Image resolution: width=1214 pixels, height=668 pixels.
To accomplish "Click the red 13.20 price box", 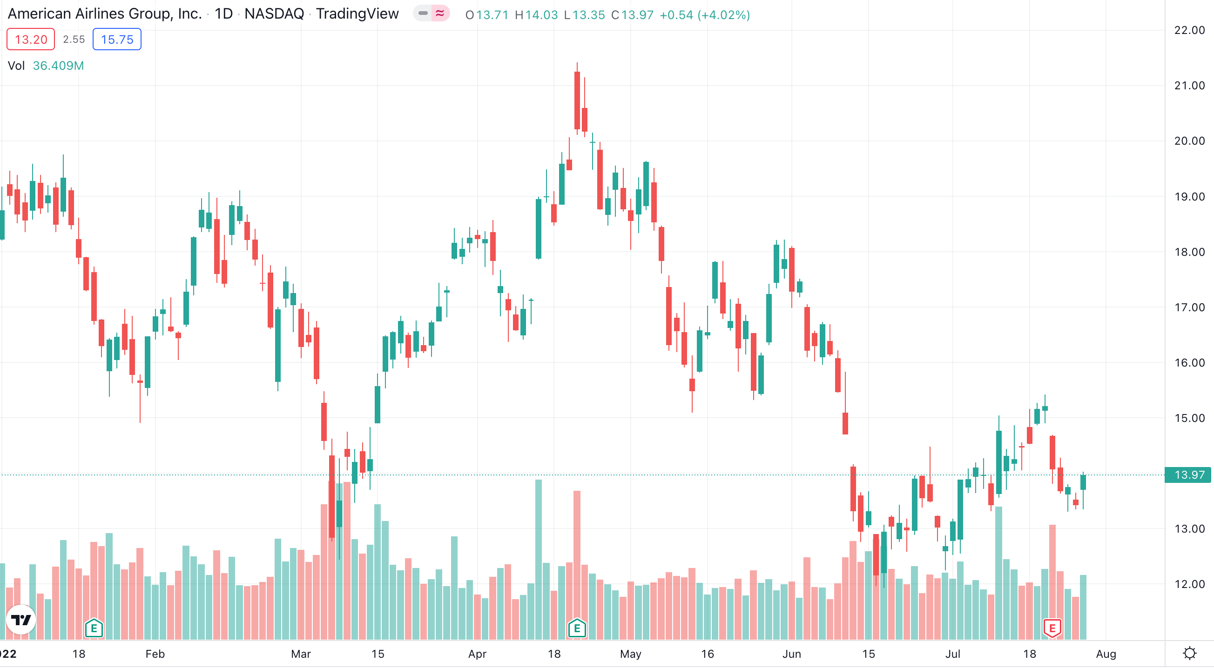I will (31, 39).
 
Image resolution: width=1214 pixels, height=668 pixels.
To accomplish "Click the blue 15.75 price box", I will (117, 39).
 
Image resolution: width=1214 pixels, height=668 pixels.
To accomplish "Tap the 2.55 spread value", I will (74, 39).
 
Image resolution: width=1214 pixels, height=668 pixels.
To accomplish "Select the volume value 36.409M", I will (59, 66).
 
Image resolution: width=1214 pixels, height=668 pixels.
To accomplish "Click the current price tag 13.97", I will (1188, 474).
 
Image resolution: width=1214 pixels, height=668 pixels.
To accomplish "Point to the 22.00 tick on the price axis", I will (1189, 30).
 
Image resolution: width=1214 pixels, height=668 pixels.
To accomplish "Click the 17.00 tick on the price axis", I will (1189, 307).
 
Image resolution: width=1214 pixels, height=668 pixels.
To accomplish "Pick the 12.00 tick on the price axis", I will (1189, 584).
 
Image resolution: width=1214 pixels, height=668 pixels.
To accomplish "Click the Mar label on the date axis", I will (301, 654).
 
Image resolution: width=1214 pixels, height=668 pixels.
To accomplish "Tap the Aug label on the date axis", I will (1106, 654).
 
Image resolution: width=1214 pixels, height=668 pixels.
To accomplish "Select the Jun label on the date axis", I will (791, 654).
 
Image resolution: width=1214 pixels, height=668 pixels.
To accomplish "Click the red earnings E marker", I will (1052, 628).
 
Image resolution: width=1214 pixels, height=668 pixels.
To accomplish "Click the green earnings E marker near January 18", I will (94, 628).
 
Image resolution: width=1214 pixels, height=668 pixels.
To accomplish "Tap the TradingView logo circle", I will (21, 620).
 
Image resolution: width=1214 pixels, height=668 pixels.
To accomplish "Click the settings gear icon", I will (1189, 654).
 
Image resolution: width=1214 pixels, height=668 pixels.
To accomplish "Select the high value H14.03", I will (536, 15).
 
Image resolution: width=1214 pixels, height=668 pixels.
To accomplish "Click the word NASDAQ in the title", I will (274, 13).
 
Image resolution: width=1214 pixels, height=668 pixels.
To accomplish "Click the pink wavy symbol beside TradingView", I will (440, 13).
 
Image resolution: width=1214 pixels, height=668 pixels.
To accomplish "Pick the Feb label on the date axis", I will (155, 654).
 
